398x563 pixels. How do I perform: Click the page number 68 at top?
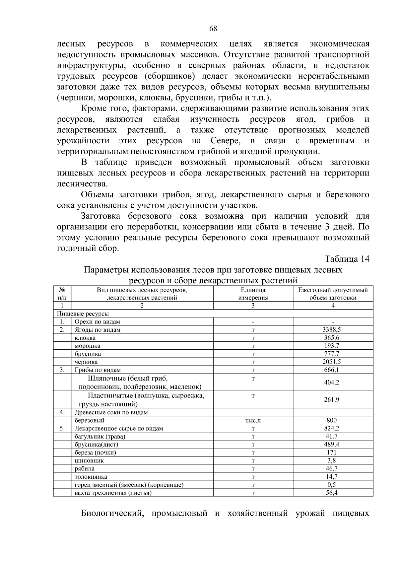[x=213, y=29]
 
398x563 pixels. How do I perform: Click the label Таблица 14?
[x=347, y=259]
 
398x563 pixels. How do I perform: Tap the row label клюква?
[x=85, y=338]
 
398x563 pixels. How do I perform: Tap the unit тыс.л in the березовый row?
[x=253, y=421]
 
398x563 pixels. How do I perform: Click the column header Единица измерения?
[x=253, y=294]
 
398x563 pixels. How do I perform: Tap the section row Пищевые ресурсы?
[x=83, y=314]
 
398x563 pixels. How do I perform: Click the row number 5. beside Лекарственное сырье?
[x=62, y=428]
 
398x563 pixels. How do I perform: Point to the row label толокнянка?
[x=91, y=477]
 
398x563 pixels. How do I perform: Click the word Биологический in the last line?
[x=113, y=514]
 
